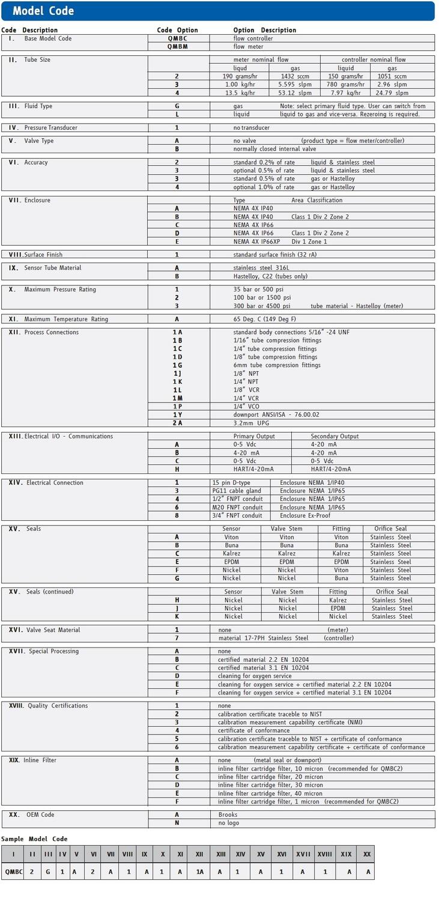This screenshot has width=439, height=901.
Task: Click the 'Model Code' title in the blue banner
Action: point(43,11)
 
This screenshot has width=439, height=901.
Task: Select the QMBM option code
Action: point(177,46)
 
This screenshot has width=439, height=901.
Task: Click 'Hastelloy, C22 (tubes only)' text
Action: point(270,276)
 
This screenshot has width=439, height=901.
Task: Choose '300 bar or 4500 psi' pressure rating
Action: point(262,306)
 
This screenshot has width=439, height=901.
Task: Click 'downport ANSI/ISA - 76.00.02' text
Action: point(276,414)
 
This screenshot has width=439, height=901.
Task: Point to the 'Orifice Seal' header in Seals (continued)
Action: point(392,592)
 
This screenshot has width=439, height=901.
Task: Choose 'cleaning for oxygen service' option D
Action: point(255,676)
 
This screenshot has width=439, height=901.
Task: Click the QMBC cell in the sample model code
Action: point(12,871)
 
